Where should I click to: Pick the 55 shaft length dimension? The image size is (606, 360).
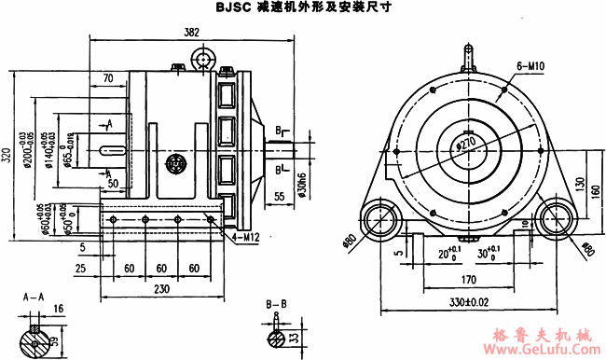pos(280,197)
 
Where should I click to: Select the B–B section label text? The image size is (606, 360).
pos(276,304)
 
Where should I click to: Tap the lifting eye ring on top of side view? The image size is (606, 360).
pos(204,60)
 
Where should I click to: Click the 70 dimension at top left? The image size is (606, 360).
pos(108,77)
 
